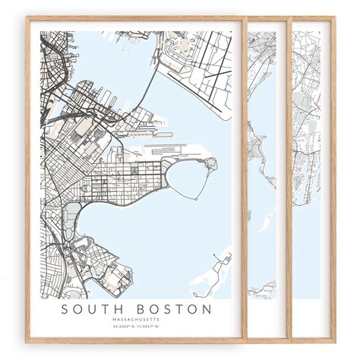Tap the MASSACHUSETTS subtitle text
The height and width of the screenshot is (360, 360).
[137, 320]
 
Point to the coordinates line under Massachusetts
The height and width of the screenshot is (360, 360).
[137, 327]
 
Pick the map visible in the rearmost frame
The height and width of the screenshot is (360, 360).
[308, 152]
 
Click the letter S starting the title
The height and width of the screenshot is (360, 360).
[66, 309]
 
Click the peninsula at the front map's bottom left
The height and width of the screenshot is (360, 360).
[99, 273]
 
